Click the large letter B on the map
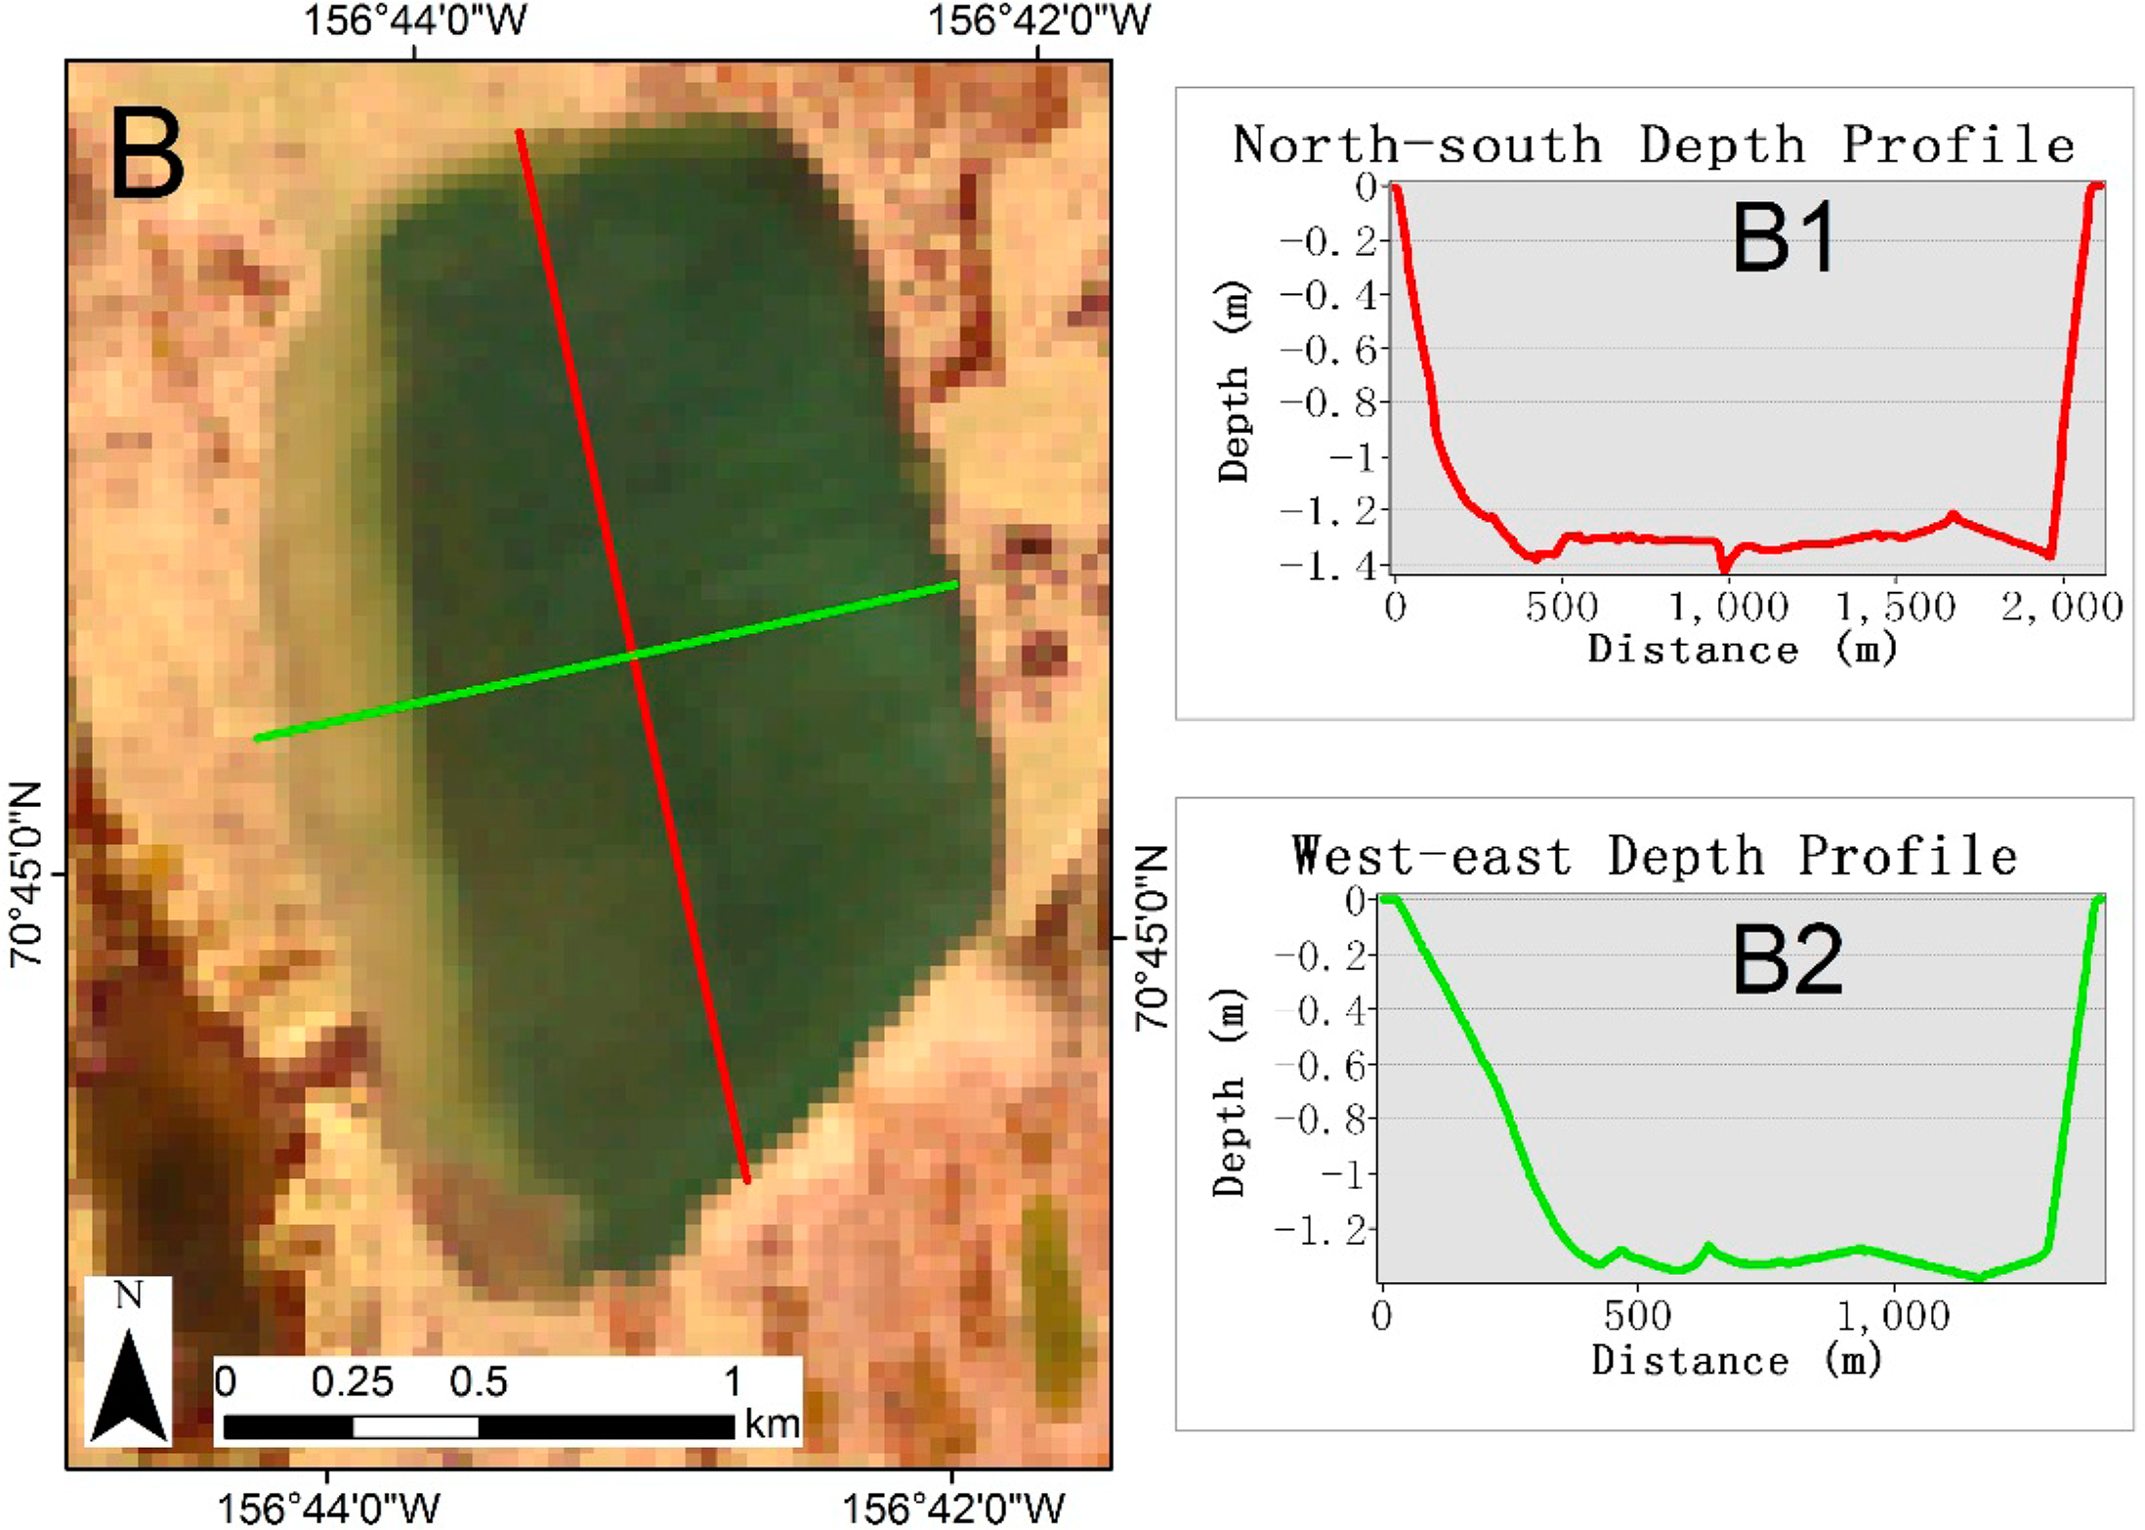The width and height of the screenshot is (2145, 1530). click(x=147, y=154)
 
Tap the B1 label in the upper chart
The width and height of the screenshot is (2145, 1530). click(x=1784, y=238)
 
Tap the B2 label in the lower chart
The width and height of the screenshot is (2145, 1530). click(x=1787, y=961)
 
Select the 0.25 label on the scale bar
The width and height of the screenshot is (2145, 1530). click(x=352, y=1382)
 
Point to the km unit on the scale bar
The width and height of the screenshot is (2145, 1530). click(x=772, y=1424)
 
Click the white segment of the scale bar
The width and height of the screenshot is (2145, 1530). click(x=415, y=1426)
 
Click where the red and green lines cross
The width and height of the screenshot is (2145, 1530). click(x=634, y=657)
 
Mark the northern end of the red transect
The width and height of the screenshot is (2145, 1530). click(x=520, y=131)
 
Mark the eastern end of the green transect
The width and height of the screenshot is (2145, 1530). click(x=955, y=584)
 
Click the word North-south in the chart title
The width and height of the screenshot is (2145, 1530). click(x=1417, y=146)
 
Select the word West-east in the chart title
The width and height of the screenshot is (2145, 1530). click(x=1431, y=856)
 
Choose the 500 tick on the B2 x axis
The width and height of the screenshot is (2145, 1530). click(x=1637, y=1315)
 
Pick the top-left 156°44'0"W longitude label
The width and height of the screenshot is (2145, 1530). click(x=415, y=21)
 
